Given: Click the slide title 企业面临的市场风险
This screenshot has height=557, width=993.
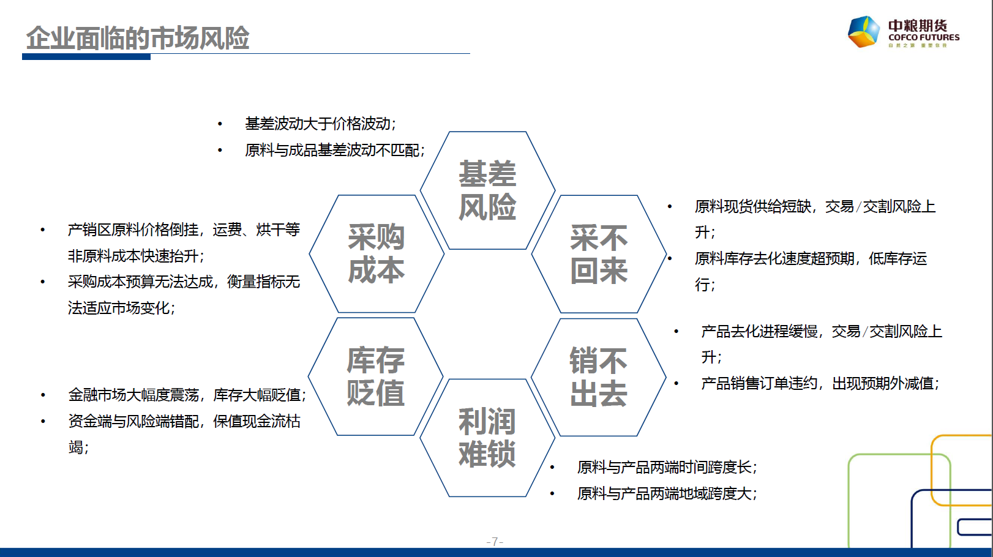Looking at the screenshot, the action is coord(137,38).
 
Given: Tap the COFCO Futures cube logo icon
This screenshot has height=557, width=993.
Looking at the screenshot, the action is coord(863,32).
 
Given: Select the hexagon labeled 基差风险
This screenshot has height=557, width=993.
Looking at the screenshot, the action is coord(488,190).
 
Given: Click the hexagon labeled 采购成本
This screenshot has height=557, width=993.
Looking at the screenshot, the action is coord(377,254).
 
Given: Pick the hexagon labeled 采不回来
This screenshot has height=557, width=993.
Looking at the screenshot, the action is coord(599,254).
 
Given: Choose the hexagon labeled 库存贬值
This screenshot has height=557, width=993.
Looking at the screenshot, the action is coord(375,376).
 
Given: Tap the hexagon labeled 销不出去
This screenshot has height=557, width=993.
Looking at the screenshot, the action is coord(599,377).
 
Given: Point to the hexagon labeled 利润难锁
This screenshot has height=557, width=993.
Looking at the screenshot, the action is coord(487,438).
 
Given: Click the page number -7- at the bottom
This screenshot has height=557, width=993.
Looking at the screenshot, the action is coord(495,542).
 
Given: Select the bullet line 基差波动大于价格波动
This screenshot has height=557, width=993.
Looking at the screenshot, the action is coord(320,124).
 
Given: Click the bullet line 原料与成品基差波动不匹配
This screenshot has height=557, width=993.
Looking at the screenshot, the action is coord(335,150).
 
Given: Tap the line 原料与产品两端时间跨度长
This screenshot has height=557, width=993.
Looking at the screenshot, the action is coord(667,467).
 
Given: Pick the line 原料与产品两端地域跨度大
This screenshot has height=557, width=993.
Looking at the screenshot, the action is coord(667,493).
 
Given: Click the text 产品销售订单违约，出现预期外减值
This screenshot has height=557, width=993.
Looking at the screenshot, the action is coord(820,383).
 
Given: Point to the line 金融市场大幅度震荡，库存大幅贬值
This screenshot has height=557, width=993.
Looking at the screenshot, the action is coord(187,395).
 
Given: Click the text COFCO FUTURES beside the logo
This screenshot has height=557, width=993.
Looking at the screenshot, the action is coord(924,38).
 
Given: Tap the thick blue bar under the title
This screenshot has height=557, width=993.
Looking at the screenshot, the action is coord(86,57).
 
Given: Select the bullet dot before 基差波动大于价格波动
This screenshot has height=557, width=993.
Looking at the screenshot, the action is coord(220,124).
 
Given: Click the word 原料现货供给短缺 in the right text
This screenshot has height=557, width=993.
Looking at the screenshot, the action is coord(753,206).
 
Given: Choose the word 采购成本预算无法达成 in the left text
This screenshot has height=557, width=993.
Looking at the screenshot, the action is coord(140,282).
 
